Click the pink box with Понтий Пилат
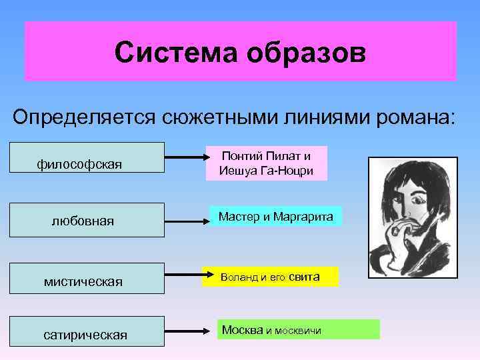(266, 163)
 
